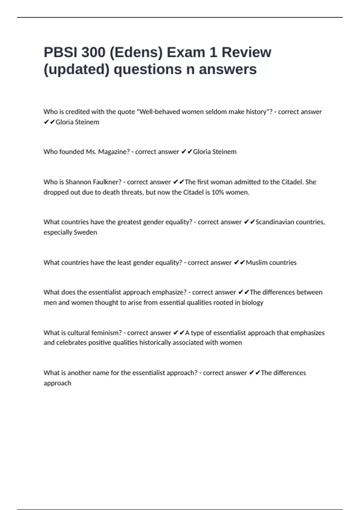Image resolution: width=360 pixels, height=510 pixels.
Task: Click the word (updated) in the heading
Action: coord(76,70)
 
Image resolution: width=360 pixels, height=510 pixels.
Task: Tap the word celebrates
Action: coord(71,343)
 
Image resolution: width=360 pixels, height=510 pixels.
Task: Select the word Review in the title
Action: coord(246,52)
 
